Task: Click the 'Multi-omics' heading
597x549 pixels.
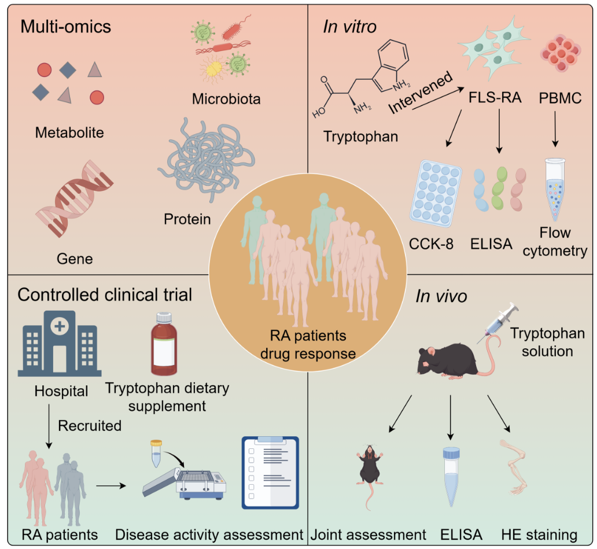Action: (66, 27)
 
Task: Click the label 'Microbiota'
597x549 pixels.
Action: (226, 99)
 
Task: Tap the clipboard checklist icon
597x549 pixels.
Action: (270, 473)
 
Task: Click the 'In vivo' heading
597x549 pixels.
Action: (441, 297)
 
